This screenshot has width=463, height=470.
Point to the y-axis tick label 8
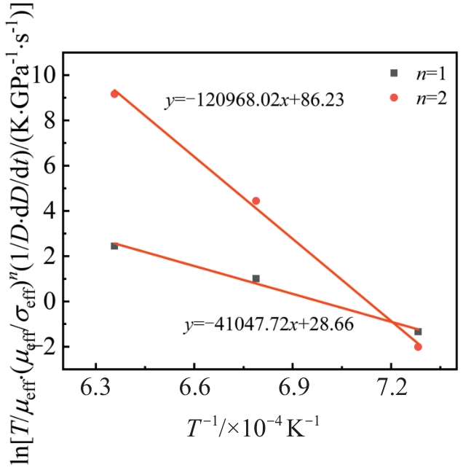(x=51, y=120)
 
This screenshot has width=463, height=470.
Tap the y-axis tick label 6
(x=51, y=165)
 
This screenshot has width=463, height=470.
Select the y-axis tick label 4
(x=51, y=211)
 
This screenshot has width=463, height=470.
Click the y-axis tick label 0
(x=51, y=301)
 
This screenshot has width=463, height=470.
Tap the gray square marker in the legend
(x=394, y=73)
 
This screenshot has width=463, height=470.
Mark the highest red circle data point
(x=114, y=93)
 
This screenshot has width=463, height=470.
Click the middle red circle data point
(x=256, y=201)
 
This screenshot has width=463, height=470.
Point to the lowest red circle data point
(x=418, y=347)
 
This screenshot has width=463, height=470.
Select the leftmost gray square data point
(x=114, y=246)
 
